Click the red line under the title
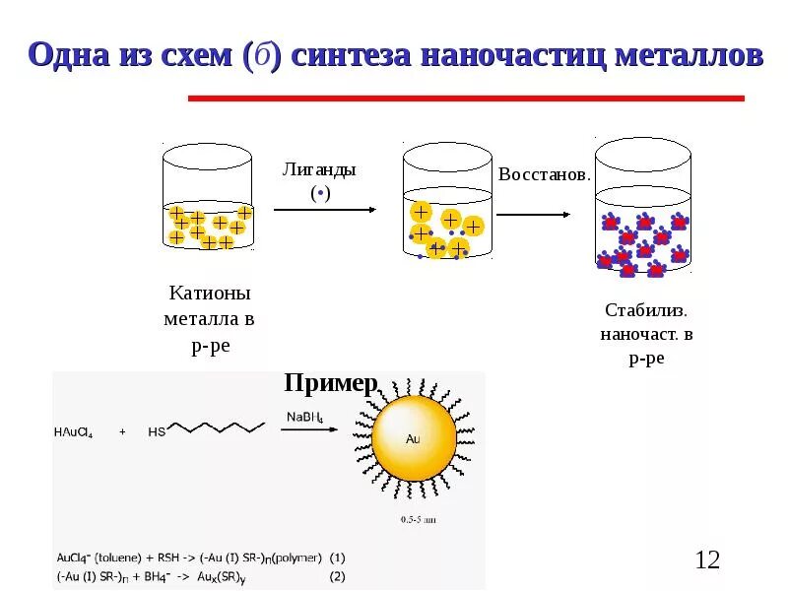465,98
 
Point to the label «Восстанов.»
545,174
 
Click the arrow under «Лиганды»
324,210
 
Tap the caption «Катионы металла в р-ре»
210,319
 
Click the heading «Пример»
331,383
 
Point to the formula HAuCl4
76,430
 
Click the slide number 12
707,560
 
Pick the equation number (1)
338,557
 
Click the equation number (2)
338,576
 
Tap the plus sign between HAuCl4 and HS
122,430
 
